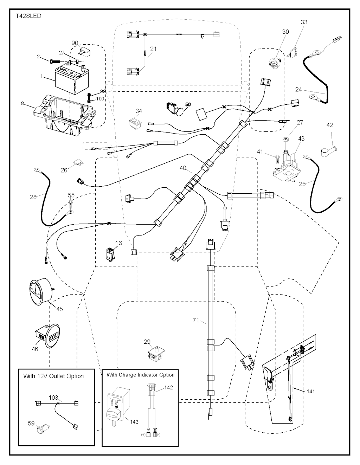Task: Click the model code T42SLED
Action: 28,16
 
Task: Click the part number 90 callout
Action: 75,43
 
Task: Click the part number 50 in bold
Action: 188,104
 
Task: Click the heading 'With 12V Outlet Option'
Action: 53,376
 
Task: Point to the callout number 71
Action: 196,320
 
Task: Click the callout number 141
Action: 311,391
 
